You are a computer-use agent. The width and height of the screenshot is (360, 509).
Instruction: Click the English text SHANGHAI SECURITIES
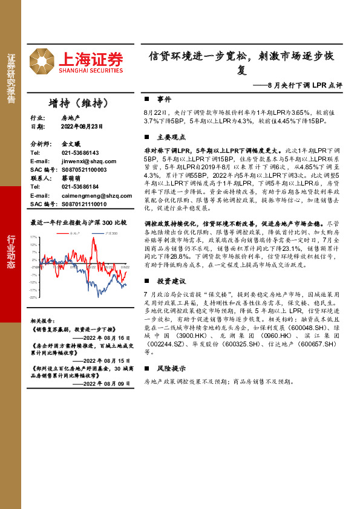coord(91,70)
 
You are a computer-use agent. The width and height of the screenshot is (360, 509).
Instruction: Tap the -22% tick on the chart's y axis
coord(34,297)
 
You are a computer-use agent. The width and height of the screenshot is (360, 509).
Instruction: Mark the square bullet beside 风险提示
coord(147,368)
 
